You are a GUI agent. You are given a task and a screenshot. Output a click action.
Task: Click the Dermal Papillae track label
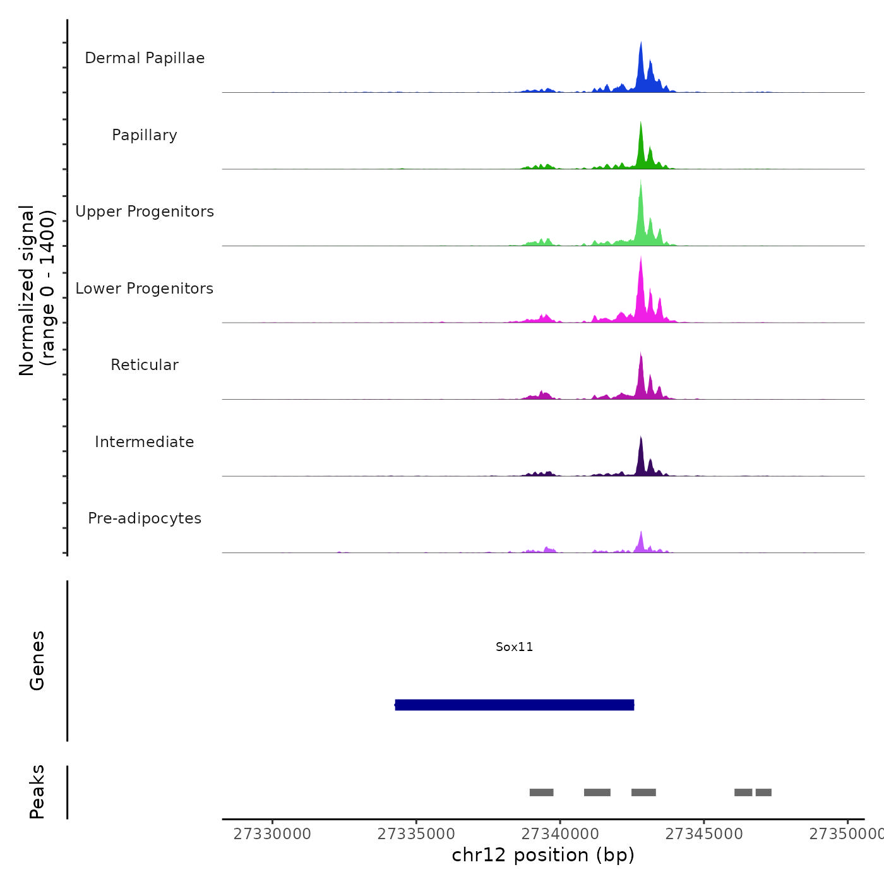[x=145, y=58]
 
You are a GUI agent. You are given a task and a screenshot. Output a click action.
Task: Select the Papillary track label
[x=145, y=135]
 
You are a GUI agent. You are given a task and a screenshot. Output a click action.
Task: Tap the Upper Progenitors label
[x=145, y=212]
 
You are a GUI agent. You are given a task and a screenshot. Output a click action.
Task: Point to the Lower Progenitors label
[x=145, y=289]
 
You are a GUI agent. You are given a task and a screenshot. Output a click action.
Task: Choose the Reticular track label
[x=145, y=365]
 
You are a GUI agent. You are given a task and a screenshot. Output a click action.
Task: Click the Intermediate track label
[x=145, y=442]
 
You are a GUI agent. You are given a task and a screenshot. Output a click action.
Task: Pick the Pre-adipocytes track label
[x=145, y=518]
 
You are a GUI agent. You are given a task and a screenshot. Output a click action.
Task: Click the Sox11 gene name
[x=514, y=647]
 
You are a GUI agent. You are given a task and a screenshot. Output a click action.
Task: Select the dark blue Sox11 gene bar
[x=514, y=705]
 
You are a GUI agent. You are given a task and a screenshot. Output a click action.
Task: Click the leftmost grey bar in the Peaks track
[x=541, y=792]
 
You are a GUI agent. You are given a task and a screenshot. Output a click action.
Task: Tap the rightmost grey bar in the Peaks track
[x=763, y=792]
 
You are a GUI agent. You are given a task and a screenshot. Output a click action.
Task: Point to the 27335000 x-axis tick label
[x=416, y=834]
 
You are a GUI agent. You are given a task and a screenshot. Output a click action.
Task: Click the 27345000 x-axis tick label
[x=704, y=834]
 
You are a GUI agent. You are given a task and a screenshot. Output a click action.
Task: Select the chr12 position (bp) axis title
[x=543, y=855]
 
